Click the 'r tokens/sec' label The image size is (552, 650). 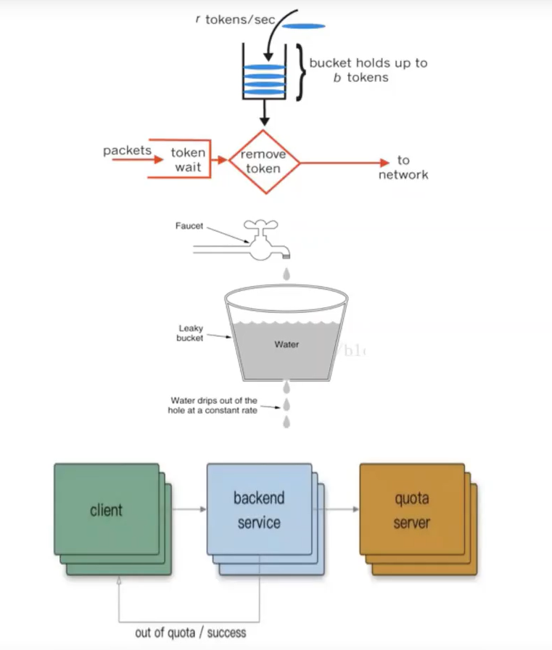click(235, 20)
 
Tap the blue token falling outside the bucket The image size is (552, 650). click(303, 26)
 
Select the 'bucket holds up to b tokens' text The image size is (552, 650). click(368, 70)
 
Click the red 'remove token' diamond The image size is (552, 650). click(265, 162)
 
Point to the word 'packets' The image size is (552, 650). click(127, 151)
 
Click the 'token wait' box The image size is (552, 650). click(189, 160)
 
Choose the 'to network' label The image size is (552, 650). click(403, 167)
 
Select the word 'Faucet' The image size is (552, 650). click(189, 226)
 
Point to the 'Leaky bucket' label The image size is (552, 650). click(191, 333)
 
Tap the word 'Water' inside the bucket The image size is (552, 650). click(287, 344)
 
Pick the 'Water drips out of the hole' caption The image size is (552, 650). click(213, 405)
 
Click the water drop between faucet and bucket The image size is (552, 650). click(287, 275)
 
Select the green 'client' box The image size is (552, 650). click(107, 510)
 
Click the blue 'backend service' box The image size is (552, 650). click(259, 510)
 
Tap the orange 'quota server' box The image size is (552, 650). click(412, 510)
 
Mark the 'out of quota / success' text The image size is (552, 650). click(191, 633)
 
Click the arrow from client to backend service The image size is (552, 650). click(183, 509)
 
